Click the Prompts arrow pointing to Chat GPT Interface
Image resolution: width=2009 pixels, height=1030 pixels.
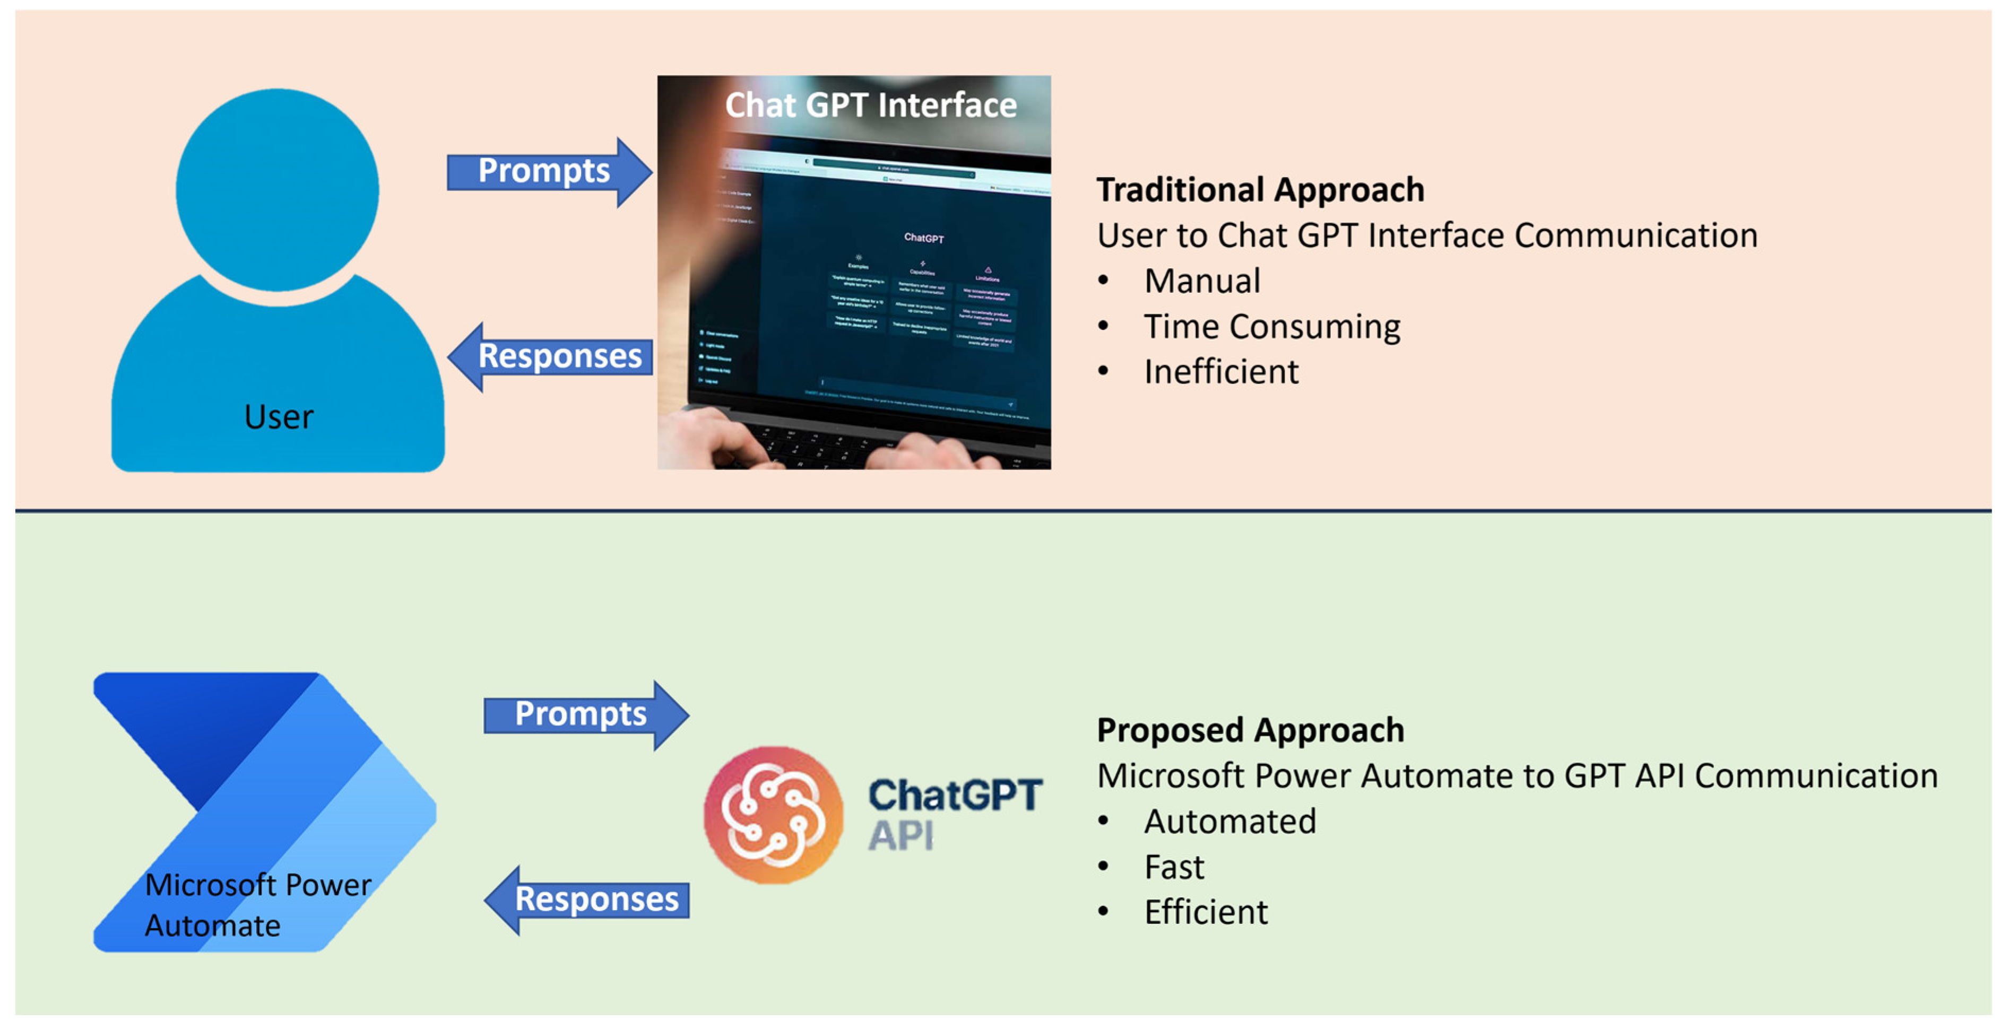[x=546, y=171]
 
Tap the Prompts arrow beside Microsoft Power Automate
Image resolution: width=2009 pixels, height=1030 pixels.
[x=583, y=715]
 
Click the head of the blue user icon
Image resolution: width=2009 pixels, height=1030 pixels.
[x=277, y=189]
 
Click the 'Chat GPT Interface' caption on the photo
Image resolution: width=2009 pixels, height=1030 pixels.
[x=870, y=105]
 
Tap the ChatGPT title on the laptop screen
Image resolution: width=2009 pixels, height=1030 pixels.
[x=923, y=238]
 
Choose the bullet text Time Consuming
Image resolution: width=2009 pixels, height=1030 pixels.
[x=1271, y=327]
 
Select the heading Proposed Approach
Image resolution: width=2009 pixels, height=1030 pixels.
[x=1250, y=730]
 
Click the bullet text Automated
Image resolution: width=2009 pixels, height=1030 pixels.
[x=1230, y=822]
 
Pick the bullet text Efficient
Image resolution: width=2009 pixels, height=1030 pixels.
[x=1206, y=912]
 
